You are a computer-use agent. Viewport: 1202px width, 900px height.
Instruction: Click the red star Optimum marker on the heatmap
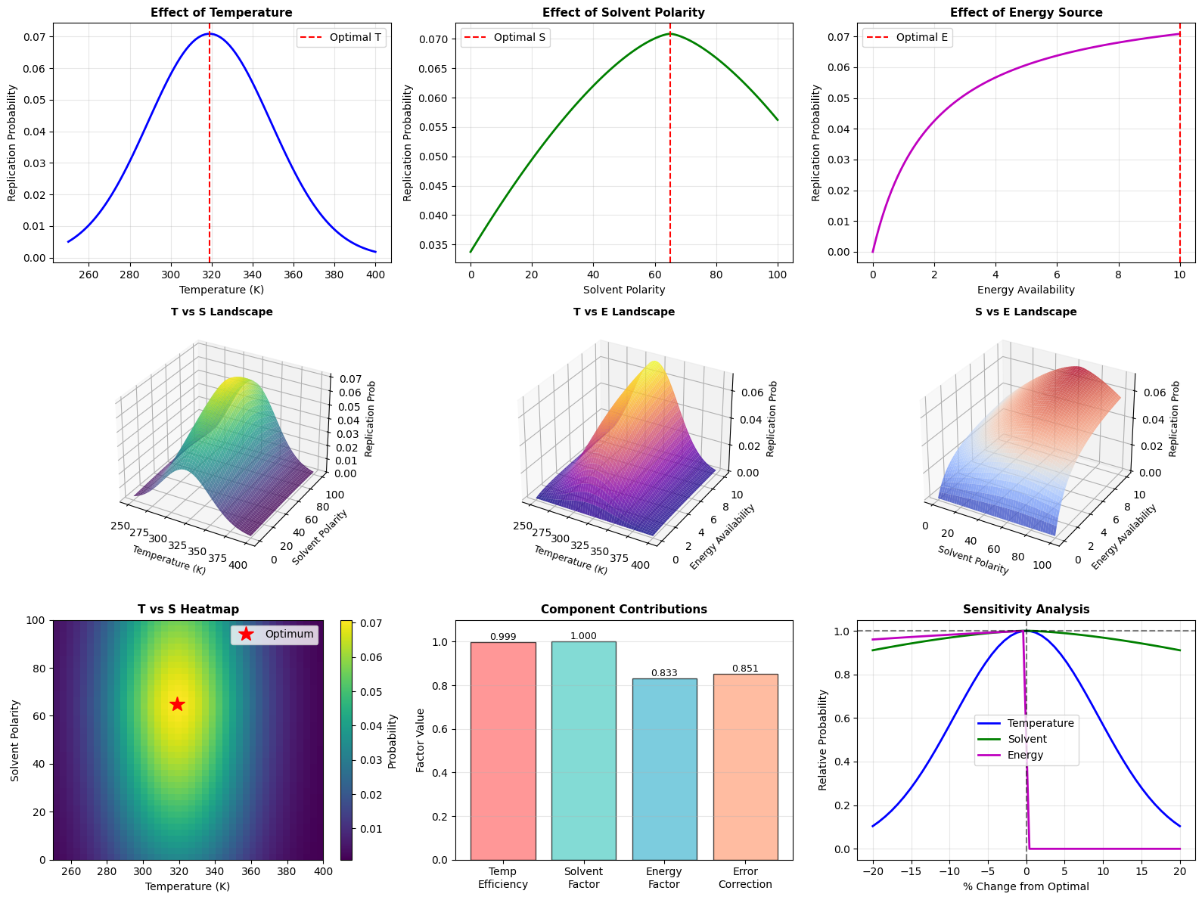[x=177, y=704]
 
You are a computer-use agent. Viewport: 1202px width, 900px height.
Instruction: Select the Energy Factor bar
[x=664, y=768]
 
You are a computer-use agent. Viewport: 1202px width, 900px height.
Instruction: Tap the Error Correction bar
[x=745, y=766]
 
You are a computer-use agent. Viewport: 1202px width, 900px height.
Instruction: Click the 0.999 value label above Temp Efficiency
[x=503, y=637]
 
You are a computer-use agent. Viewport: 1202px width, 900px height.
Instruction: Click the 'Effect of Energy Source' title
[x=1026, y=13]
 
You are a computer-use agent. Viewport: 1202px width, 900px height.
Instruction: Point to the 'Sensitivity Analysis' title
[x=1026, y=610]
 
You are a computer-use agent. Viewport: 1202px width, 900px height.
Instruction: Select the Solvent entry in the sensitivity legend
[x=1027, y=739]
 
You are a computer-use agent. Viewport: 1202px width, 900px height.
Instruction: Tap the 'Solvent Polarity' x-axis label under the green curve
[x=624, y=290]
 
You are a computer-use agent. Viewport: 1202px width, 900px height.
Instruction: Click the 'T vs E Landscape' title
[x=624, y=312]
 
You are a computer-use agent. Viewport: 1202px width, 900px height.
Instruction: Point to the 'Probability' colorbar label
[x=393, y=740]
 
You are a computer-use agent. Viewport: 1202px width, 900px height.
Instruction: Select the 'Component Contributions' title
[x=624, y=610]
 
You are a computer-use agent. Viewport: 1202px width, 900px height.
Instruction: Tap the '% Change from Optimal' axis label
[x=1026, y=886]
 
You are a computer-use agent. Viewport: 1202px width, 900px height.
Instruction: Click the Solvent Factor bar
[x=583, y=750]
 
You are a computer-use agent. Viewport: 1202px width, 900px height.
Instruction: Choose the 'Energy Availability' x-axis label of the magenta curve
[x=1026, y=290]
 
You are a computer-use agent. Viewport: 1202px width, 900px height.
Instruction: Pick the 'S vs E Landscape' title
[x=1026, y=312]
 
